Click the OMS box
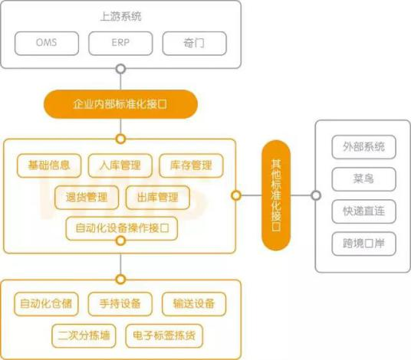coord(47,43)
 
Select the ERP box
coord(120,43)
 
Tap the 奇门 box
coord(194,43)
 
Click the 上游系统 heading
coord(121,17)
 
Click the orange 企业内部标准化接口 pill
coord(120,104)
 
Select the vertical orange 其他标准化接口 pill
coord(276,195)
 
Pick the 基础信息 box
coord(49,165)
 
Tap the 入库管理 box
coord(120,165)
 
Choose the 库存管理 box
coord(192,165)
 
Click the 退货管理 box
coord(87,198)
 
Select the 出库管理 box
coord(158,198)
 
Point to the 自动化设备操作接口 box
coord(122,228)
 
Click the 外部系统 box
coord(363,147)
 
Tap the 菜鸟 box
coord(363,179)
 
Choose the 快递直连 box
coord(363,211)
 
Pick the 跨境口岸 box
coord(363,244)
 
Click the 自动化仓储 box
coord(47,304)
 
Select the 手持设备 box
coord(120,304)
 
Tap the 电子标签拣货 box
coord(164,336)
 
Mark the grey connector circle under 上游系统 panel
coord(120,69)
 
